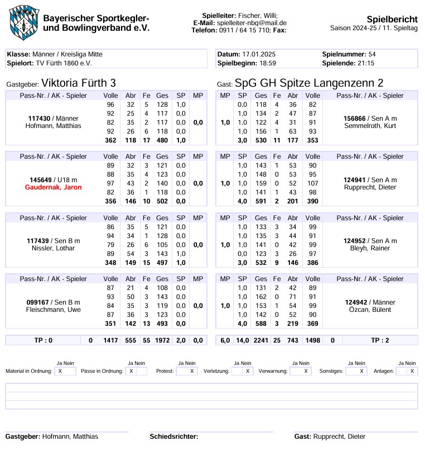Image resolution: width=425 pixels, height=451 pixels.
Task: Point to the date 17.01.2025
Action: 259,54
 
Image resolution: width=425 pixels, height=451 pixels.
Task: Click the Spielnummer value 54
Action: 372,54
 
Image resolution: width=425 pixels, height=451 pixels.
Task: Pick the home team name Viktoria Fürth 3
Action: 79,83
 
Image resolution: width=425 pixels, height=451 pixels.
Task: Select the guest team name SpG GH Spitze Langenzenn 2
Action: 309,83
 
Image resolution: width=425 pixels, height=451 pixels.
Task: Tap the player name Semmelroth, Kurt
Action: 370,126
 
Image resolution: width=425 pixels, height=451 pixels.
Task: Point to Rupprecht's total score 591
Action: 260,201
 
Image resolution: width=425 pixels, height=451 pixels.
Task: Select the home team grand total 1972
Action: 162,340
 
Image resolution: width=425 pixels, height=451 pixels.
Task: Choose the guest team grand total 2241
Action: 260,340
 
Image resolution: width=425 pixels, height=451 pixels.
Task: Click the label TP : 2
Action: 380,340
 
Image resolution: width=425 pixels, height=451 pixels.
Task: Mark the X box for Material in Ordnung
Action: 60,371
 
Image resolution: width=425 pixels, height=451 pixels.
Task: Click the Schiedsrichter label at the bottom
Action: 174,436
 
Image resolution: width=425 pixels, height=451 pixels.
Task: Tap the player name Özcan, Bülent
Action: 370,310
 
